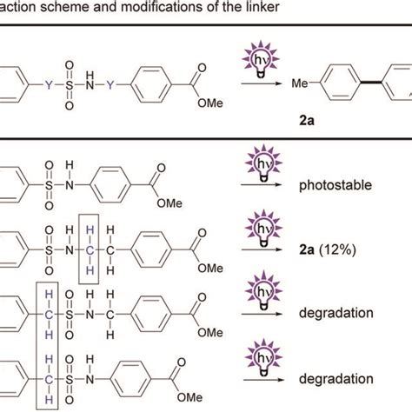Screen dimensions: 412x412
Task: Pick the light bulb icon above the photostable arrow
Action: click(x=265, y=164)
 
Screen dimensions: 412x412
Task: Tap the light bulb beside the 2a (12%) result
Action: click(x=265, y=229)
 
